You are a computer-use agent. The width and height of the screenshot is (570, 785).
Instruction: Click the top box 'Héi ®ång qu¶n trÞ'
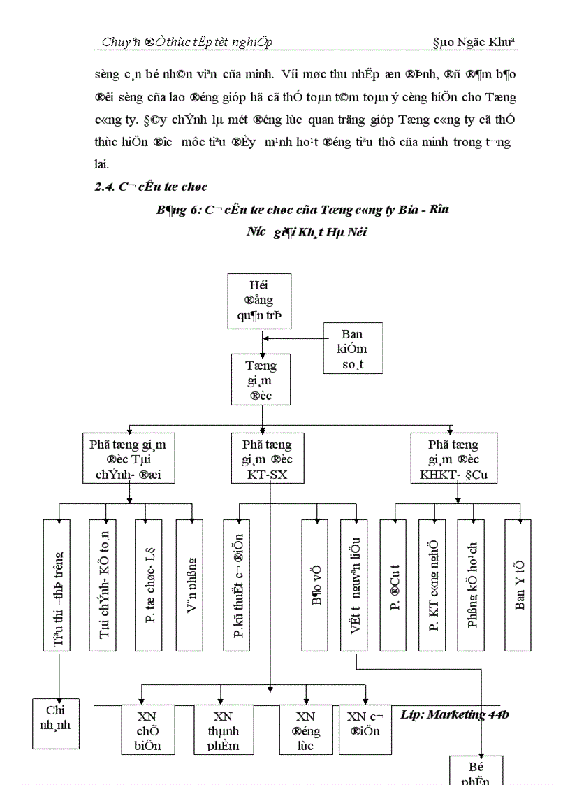pos(259,301)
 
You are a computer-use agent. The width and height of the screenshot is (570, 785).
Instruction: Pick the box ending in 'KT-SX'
pos(268,459)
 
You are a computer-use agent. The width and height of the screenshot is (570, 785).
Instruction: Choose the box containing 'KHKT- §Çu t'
pos(454,459)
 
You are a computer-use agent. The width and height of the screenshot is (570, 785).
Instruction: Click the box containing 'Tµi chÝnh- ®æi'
pos(129,459)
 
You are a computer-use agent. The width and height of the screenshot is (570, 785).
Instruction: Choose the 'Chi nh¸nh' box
pos(56,723)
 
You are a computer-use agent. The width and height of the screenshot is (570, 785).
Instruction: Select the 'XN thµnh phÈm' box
pos(223,730)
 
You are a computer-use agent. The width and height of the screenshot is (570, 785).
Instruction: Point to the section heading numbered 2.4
pos(150,187)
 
